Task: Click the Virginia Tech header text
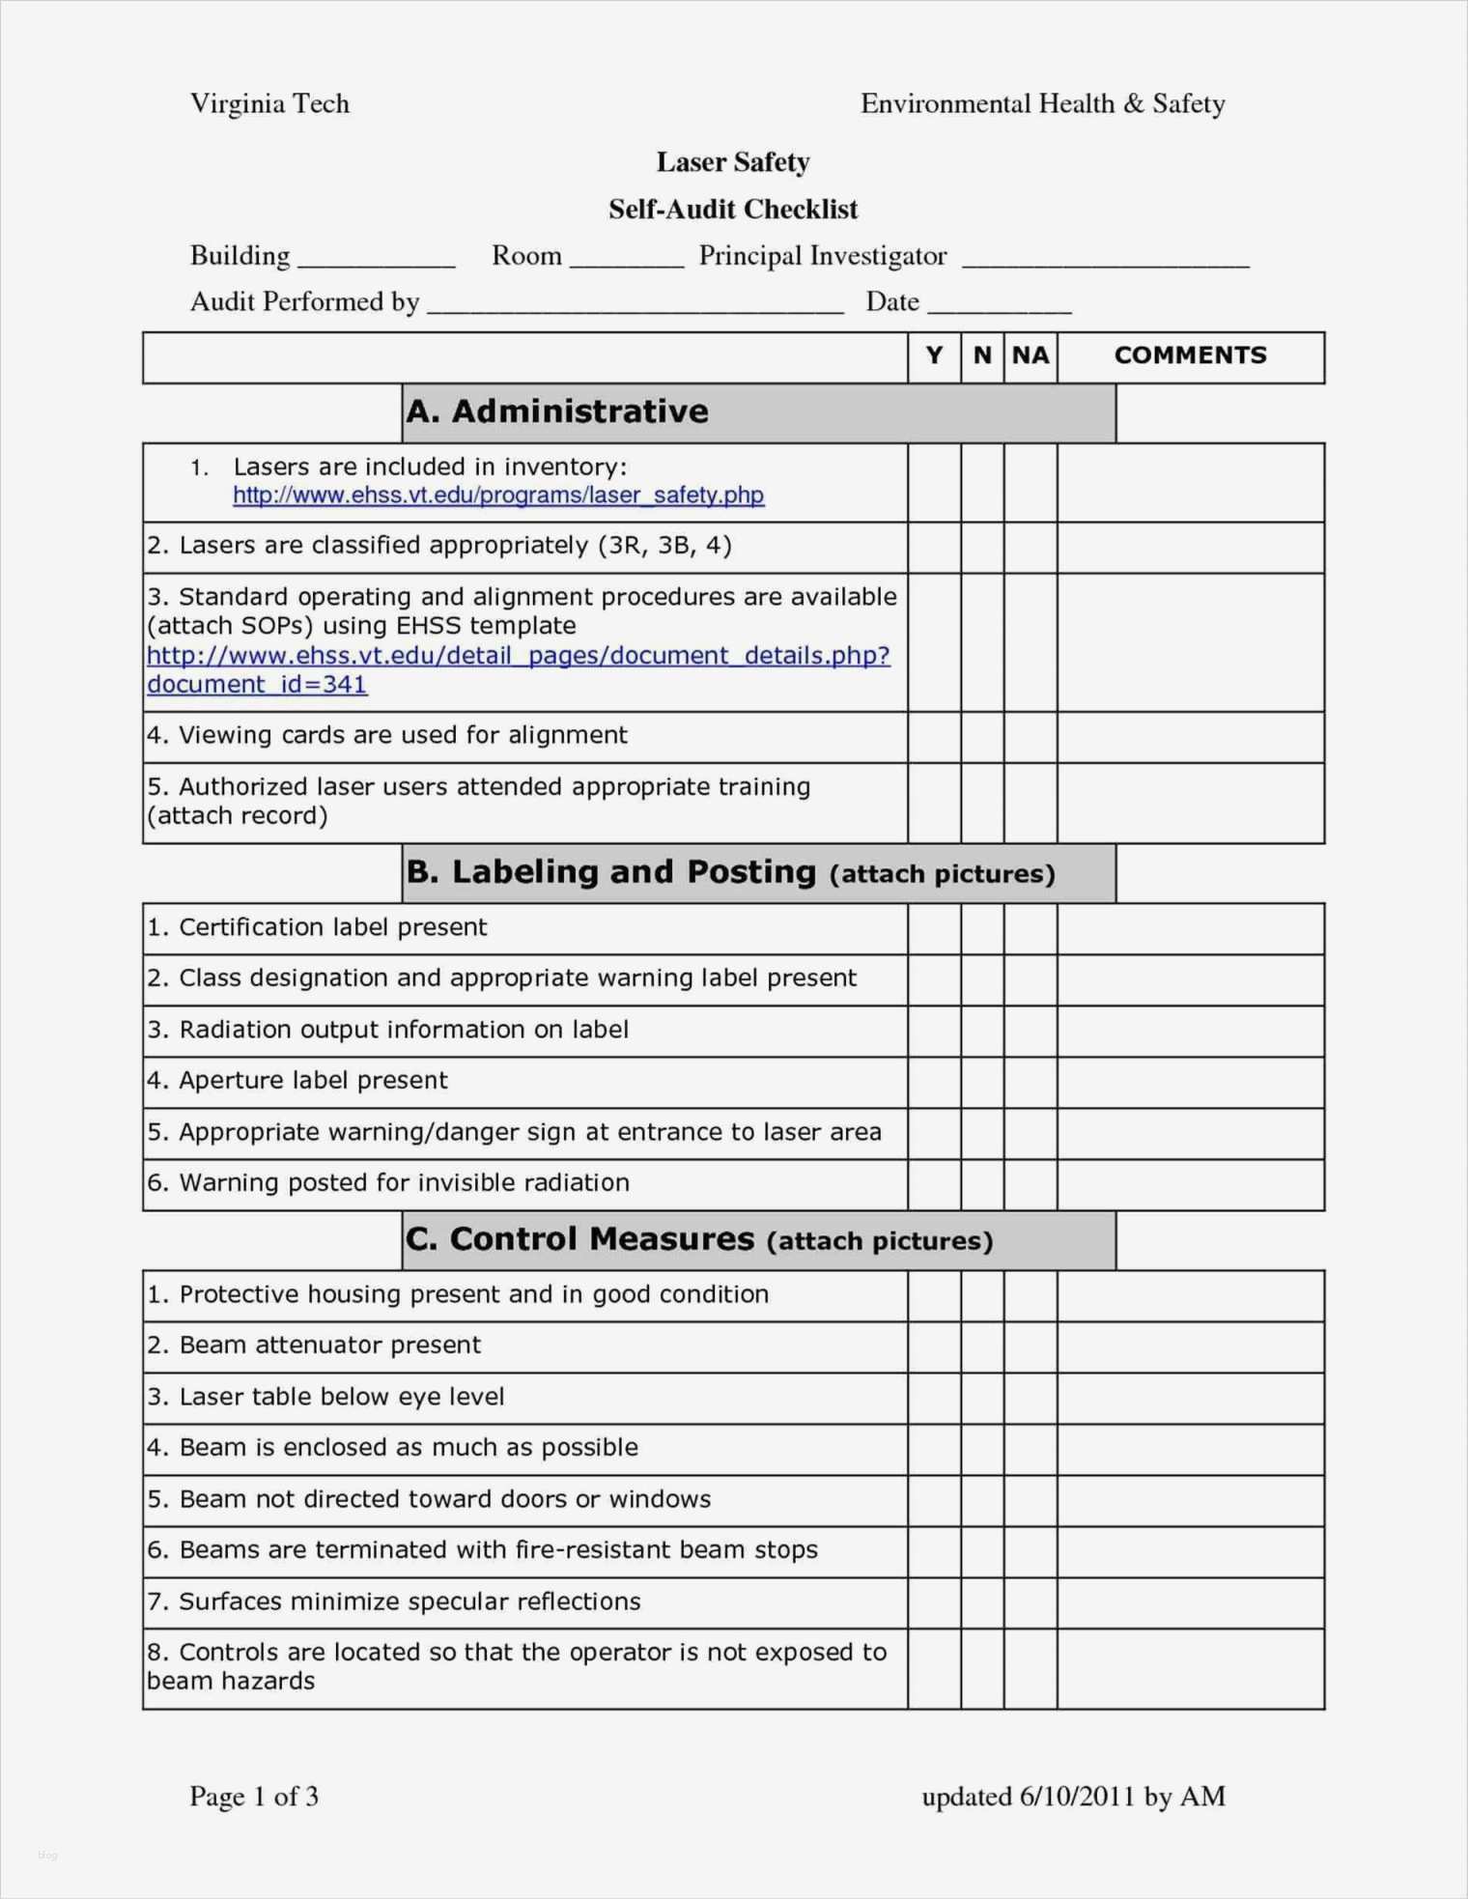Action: (269, 103)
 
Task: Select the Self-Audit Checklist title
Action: (733, 209)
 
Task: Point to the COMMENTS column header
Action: (1190, 355)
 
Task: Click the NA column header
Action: (1030, 355)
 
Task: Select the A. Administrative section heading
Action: (557, 411)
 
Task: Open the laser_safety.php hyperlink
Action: (498, 496)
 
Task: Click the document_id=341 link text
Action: (257, 685)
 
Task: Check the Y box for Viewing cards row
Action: (934, 737)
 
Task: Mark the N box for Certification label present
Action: (982, 928)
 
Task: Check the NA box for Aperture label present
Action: (1030, 1082)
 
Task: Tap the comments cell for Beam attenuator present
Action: (1190, 1346)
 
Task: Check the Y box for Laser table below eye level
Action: (934, 1398)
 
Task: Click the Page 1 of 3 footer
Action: (254, 1797)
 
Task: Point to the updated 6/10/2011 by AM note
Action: (1073, 1797)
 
